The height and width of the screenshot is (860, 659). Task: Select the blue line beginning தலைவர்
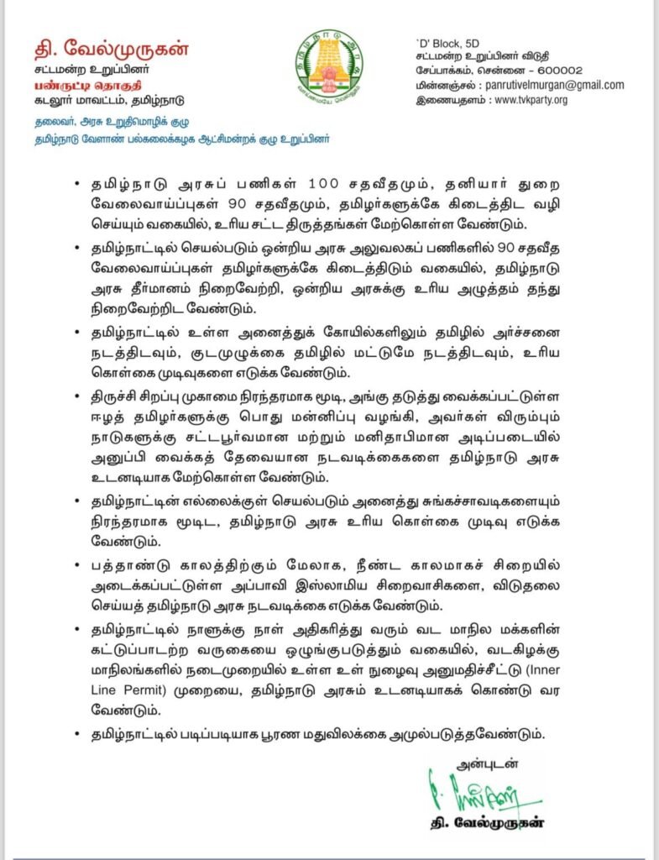(106, 123)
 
